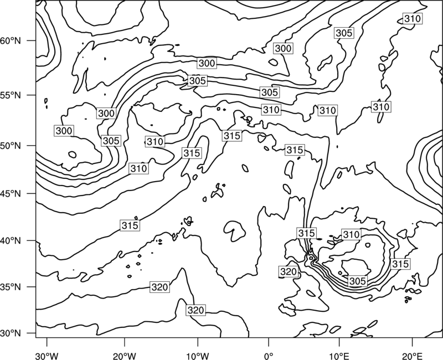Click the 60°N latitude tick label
[x=11, y=41]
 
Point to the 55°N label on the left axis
[x=11, y=95]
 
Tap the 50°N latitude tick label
[x=11, y=146]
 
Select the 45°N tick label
[x=11, y=194]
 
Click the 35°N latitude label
[x=11, y=287]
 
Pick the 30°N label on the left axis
[x=11, y=333]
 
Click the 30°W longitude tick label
[x=47, y=356]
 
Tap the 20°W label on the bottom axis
[x=124, y=356]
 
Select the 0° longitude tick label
[x=269, y=356]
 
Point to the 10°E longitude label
[x=339, y=356]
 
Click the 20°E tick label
[x=412, y=356]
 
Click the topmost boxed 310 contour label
[x=413, y=19]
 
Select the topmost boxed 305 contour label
[x=344, y=33]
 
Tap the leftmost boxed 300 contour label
[x=64, y=131]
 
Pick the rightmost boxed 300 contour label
[x=283, y=48]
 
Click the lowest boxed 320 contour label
[x=195, y=310]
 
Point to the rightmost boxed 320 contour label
[x=289, y=271]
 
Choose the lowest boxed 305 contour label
[x=358, y=281]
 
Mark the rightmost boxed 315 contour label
[x=400, y=264]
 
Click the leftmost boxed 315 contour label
[x=130, y=225]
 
